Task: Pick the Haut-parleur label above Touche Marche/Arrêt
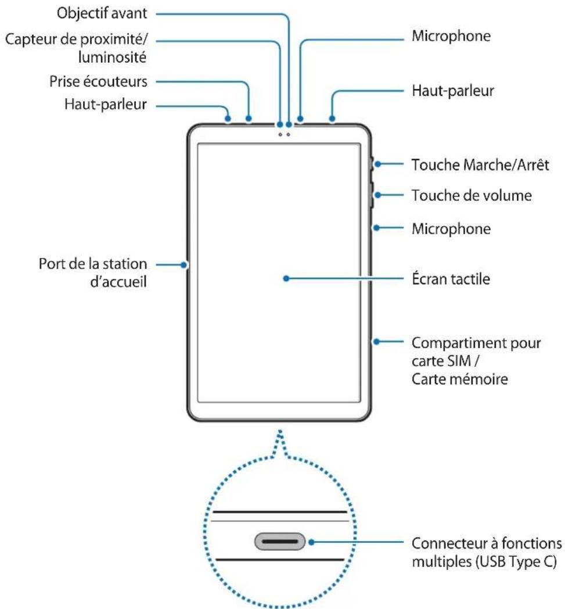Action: pos(452,91)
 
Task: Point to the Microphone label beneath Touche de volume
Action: pos(451,228)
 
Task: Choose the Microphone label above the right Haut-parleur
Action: pos(451,37)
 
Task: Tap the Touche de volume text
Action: pos(471,196)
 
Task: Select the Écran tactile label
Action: pos(451,279)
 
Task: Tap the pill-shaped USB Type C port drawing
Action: pos(280,542)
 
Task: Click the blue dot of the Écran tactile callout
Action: pos(286,279)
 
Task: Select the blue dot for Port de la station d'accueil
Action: pos(185,265)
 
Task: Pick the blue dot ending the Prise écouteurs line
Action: pos(249,120)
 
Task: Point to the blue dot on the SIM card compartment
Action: pos(377,341)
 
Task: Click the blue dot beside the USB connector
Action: pos(312,542)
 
